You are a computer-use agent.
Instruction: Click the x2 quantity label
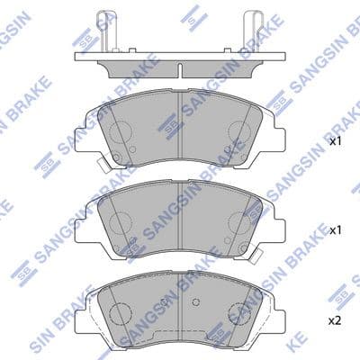[333, 319]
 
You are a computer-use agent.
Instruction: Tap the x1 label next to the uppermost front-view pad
[334, 141]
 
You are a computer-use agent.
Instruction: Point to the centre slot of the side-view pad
[181, 71]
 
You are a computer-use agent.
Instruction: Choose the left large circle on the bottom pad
[120, 312]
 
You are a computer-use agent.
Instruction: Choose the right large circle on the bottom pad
[241, 312]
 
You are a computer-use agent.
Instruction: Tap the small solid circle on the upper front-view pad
[131, 148]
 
